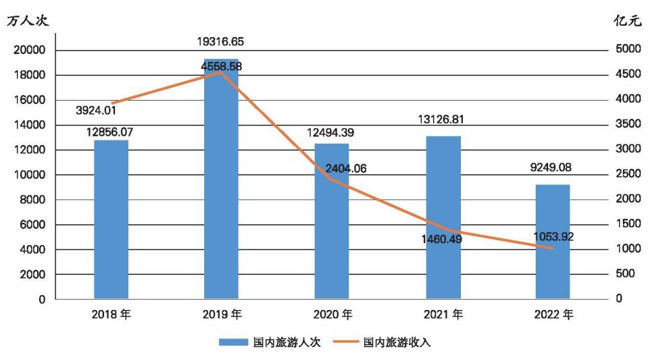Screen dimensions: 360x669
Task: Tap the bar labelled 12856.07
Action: coord(111,219)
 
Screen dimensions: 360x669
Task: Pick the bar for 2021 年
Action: coord(443,217)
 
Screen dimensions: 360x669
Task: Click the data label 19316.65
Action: coord(220,42)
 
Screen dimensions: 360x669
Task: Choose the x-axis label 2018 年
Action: coord(111,315)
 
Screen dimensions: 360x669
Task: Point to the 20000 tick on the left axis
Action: coord(31,50)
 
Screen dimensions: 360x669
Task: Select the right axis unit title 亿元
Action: coord(628,21)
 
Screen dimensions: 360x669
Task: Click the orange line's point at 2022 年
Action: coord(552,249)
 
